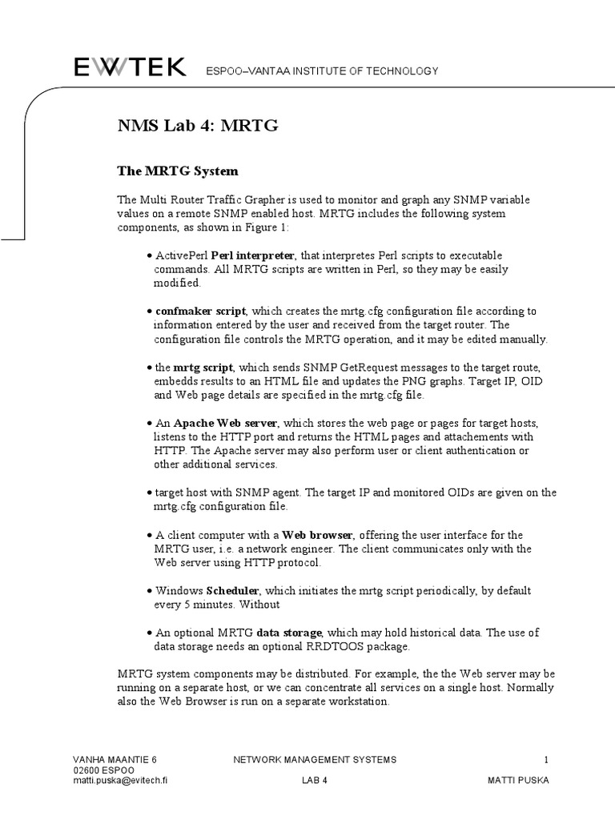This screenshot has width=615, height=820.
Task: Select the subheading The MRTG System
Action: click(178, 171)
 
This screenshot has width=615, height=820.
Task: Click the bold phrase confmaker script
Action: click(200, 311)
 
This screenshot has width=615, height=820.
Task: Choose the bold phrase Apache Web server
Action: click(226, 423)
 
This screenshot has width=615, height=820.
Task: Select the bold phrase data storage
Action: click(287, 633)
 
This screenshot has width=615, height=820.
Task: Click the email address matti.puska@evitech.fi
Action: click(119, 779)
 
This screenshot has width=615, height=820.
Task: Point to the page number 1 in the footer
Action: click(546, 759)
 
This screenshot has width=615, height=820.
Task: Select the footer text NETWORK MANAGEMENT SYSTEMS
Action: click(314, 759)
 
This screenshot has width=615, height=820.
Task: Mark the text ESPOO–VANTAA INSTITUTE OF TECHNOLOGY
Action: click(321, 71)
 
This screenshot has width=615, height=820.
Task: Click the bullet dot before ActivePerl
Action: click(151, 255)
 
